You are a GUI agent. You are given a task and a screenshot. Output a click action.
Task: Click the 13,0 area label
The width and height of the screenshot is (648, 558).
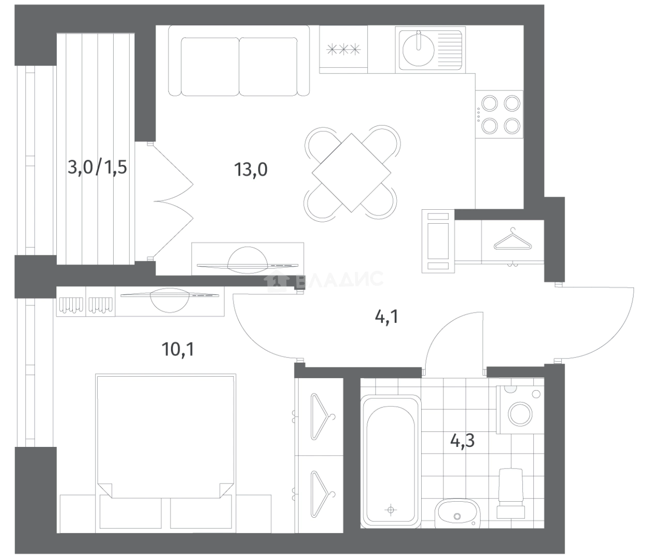click(x=251, y=169)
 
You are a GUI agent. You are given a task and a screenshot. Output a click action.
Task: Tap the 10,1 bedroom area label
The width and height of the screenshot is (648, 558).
click(x=178, y=349)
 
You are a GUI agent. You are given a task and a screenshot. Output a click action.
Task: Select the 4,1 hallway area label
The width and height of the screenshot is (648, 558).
click(x=387, y=317)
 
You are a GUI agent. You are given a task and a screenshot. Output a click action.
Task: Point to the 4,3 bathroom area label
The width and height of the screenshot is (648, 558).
click(x=462, y=440)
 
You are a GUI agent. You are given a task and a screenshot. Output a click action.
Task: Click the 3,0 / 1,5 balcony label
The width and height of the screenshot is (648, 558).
click(x=97, y=167)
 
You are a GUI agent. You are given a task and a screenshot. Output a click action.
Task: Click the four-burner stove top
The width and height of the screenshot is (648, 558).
click(x=499, y=114)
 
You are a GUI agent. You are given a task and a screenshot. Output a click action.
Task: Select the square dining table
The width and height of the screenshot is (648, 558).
click(x=351, y=173)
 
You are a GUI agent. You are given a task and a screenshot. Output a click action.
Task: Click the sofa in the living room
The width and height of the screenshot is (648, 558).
click(x=239, y=60)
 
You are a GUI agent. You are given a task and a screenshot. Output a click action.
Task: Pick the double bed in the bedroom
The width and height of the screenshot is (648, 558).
click(x=165, y=436)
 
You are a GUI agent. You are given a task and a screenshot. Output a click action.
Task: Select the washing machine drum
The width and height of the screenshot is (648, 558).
click(x=520, y=414)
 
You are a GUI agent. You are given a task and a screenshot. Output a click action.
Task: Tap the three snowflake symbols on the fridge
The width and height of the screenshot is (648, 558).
click(x=344, y=50)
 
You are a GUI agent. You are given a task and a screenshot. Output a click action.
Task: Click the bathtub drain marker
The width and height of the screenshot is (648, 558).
click(x=391, y=510)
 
